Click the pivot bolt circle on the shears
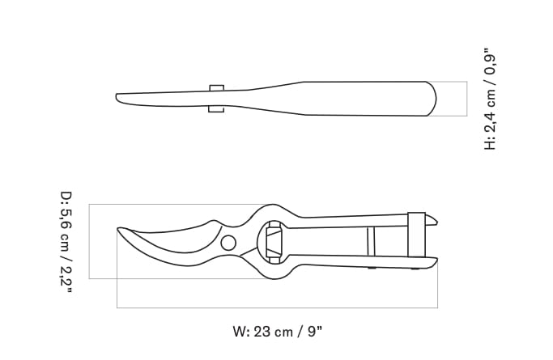click(228, 243)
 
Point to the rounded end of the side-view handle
click(433, 99)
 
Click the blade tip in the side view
click(118, 97)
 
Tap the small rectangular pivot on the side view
click(216, 98)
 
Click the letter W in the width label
click(239, 331)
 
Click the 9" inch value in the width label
click(314, 331)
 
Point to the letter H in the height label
click(490, 142)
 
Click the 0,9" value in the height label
click(490, 66)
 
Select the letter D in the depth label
click(66, 197)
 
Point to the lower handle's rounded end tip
click(436, 260)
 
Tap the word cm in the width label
click(283, 331)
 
